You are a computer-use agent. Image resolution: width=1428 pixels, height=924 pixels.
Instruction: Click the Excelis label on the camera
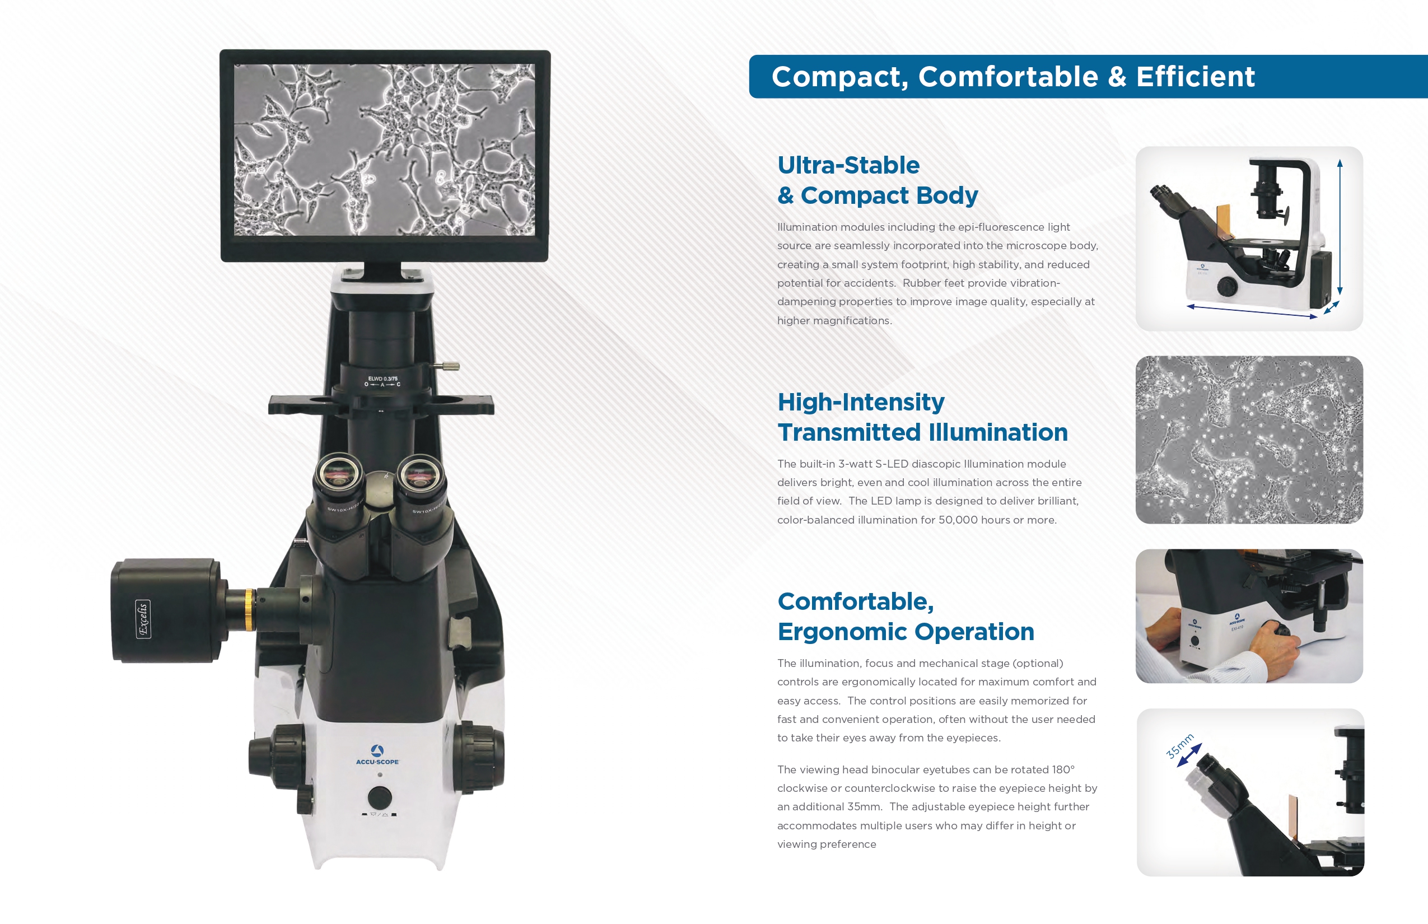[x=143, y=619]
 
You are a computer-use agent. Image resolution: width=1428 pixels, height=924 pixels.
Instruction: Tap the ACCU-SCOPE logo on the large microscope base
[x=377, y=755]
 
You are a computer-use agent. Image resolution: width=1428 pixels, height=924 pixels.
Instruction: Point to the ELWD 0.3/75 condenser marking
[x=383, y=379]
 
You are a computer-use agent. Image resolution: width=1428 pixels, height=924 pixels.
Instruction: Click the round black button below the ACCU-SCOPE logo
[x=379, y=797]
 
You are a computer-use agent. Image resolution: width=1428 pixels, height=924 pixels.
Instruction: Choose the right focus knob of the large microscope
[x=479, y=757]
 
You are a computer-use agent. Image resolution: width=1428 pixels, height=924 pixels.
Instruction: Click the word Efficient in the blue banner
[x=1195, y=77]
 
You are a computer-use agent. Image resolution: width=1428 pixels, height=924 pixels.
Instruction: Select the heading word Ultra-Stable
[x=848, y=165]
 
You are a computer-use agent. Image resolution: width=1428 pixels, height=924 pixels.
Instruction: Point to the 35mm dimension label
[x=1179, y=746]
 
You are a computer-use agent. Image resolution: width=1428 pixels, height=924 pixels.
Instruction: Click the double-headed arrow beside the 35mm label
[x=1189, y=755]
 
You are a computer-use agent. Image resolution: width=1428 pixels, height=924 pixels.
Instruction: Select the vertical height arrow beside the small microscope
[x=1340, y=227]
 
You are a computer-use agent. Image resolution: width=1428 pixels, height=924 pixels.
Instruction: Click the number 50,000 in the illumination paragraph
[x=958, y=520]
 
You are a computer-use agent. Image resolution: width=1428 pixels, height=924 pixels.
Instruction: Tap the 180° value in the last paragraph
[x=1063, y=769]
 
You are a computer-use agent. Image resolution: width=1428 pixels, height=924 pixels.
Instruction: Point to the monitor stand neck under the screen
[x=383, y=270]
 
